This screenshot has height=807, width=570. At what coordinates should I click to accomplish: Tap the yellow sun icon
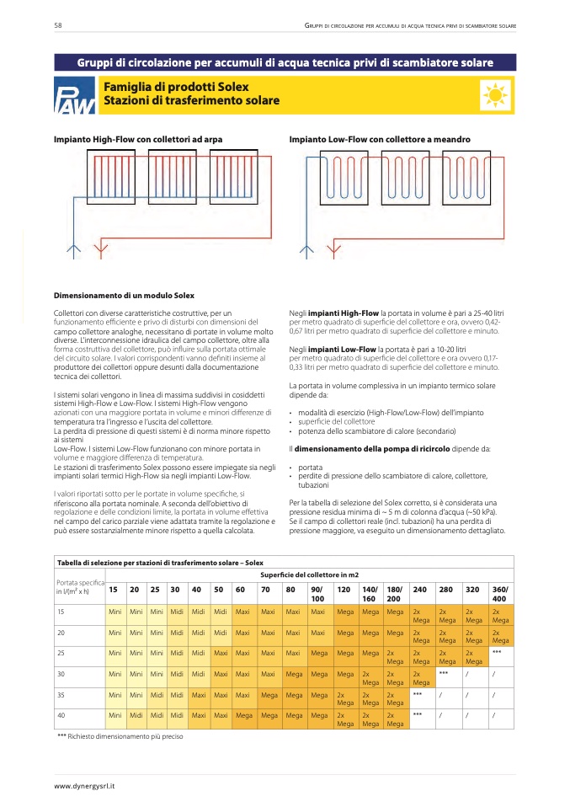pos(496,95)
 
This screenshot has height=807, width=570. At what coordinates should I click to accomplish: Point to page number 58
pos(58,26)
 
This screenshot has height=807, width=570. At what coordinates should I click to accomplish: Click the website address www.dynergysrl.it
pos(85,786)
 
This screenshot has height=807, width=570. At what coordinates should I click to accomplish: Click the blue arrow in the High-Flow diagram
pos(72,249)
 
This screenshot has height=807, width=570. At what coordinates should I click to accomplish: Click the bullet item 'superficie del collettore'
pos(337,421)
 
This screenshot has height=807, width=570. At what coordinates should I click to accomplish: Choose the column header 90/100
pos(317,592)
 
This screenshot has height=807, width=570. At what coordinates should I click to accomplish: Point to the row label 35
pos(61,694)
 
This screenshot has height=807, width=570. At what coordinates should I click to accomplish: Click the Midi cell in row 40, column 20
pos(135,714)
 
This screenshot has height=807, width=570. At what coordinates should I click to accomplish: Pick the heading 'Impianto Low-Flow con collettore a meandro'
pos(380,139)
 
